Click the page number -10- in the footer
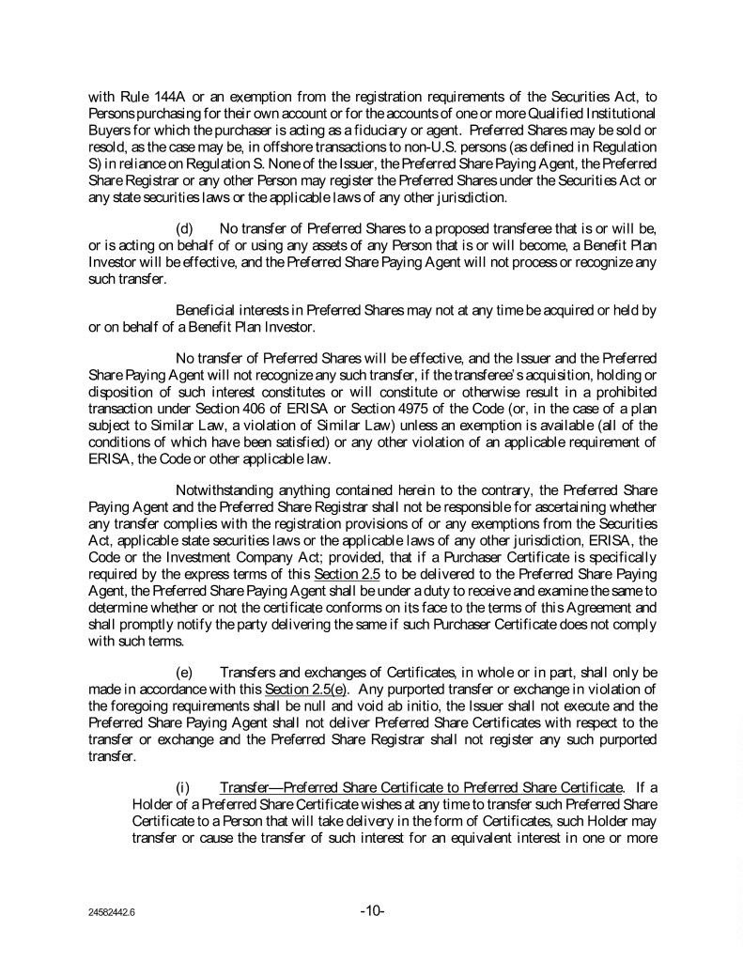point(372,910)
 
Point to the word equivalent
point(472,830)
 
